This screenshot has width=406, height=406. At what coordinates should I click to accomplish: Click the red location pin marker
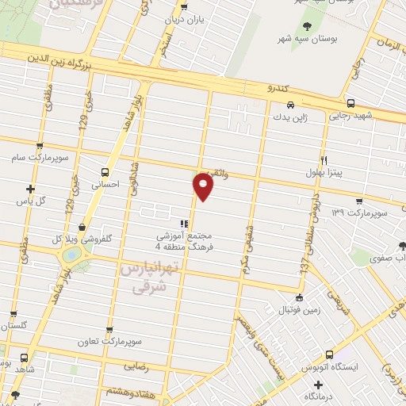click(204, 186)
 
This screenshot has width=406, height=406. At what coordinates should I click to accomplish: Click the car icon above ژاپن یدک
click(291, 105)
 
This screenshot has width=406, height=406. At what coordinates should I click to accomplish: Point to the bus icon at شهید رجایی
click(351, 102)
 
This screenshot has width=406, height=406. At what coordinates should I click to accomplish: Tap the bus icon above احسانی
click(105, 171)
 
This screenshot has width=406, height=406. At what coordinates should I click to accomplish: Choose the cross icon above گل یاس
click(31, 189)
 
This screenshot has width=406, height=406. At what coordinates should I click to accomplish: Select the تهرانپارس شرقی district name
click(147, 279)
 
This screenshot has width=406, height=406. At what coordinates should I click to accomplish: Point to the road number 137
click(304, 267)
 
